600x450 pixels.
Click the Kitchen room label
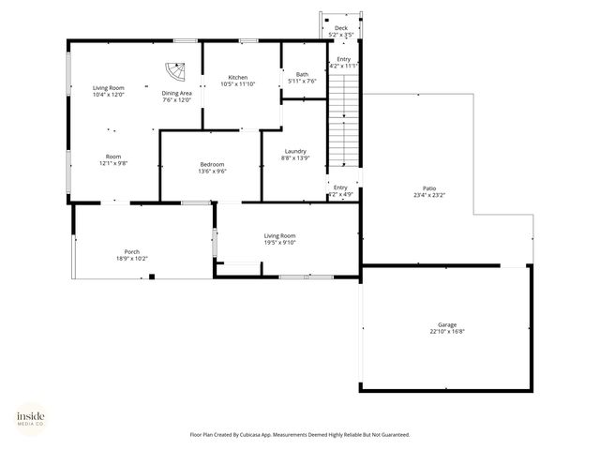click(238, 77)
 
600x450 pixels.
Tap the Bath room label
click(302, 74)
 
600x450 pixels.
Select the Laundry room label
click(295, 151)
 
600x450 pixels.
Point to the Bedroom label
click(212, 164)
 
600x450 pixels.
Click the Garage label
click(447, 324)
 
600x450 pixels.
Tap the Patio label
click(430, 188)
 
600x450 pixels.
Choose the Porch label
click(132, 251)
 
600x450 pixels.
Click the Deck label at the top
click(341, 28)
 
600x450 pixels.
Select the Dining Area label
click(176, 93)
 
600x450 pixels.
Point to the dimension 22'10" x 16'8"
click(447, 332)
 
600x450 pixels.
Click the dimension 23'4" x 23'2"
click(430, 196)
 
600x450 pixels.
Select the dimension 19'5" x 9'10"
click(279, 243)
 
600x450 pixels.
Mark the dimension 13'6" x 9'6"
click(212, 172)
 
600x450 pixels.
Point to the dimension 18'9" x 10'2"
click(132, 259)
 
